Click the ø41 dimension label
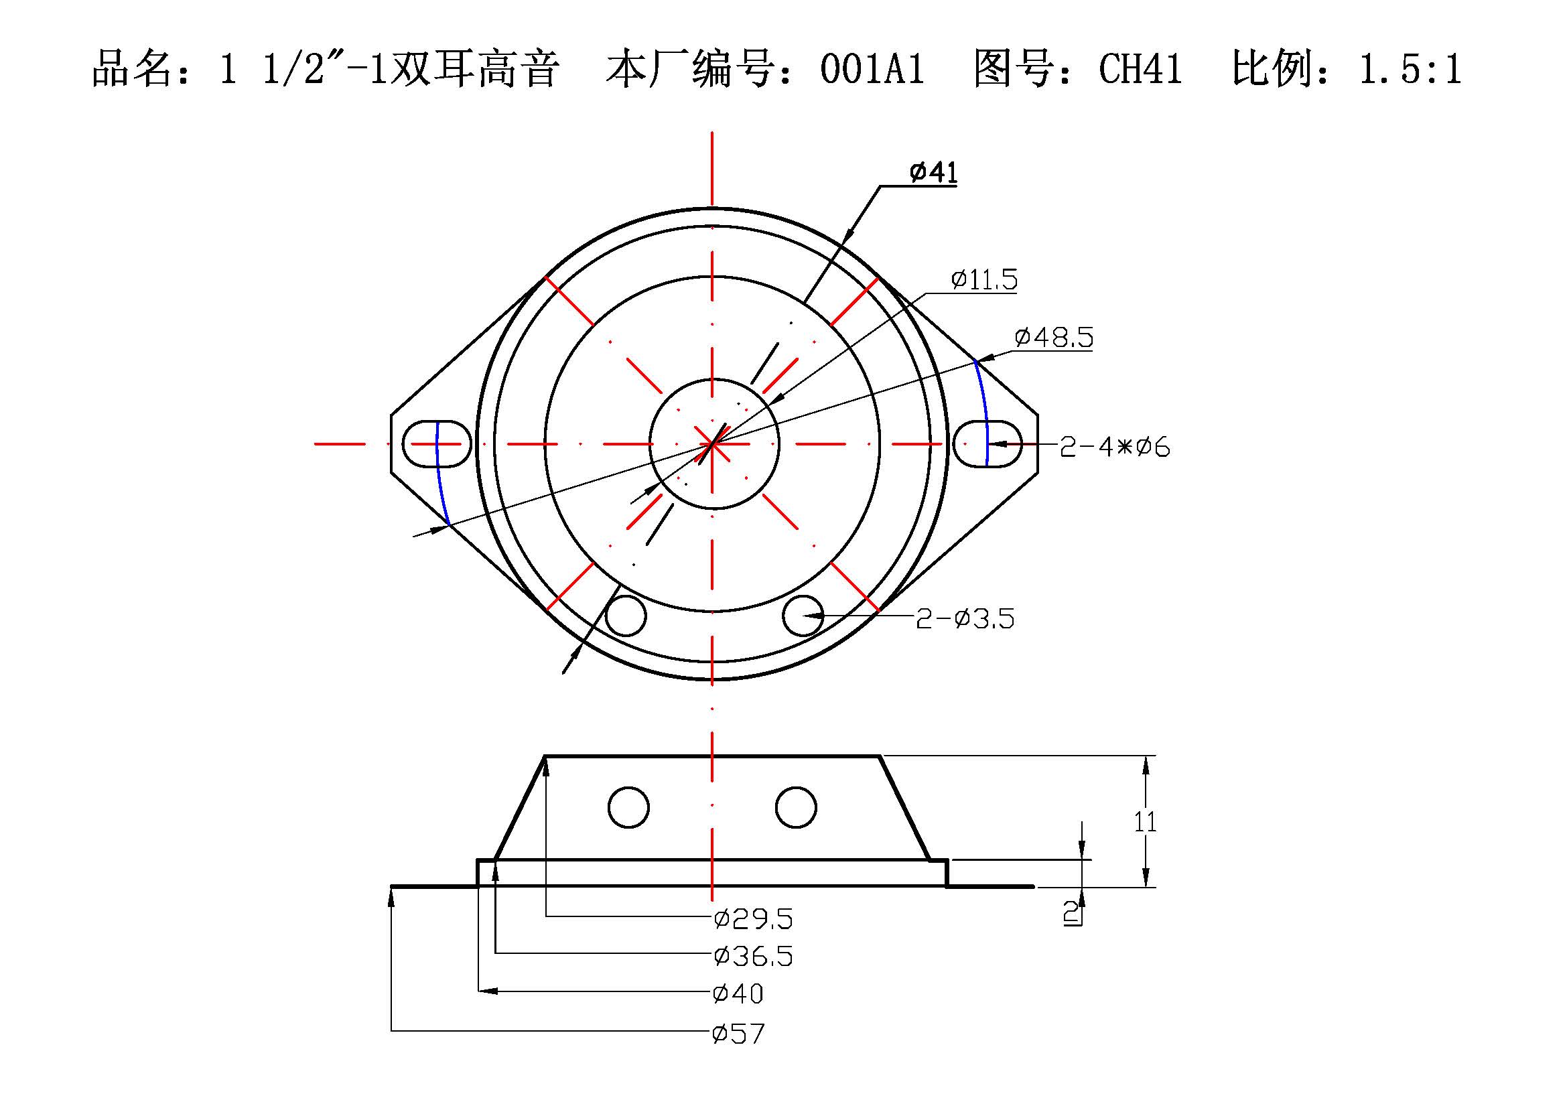point(933,173)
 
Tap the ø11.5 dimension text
point(983,280)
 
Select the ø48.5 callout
point(1053,337)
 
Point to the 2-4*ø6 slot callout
point(1114,447)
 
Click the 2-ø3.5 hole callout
point(964,619)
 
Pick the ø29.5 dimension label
point(753,920)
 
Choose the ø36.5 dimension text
point(753,957)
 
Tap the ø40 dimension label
point(738,993)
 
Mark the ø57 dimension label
point(738,1034)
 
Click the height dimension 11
point(1144,822)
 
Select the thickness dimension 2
point(1071,912)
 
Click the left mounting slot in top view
point(437,444)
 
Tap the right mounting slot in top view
point(987,444)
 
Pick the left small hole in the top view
point(625,616)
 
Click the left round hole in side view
point(628,807)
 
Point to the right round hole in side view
point(796,807)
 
